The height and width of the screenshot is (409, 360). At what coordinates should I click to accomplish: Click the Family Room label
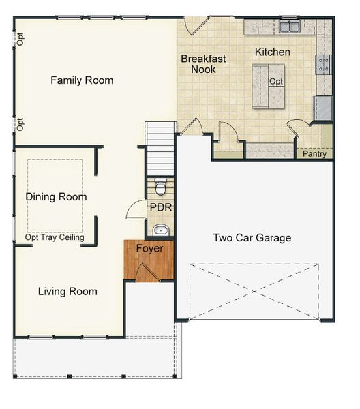(x=82, y=80)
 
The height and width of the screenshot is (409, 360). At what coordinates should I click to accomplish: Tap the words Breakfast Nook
(x=203, y=64)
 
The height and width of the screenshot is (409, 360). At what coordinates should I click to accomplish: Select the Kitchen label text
(x=273, y=52)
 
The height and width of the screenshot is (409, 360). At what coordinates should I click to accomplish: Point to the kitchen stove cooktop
(x=323, y=65)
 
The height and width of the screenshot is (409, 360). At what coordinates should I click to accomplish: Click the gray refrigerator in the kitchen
(x=322, y=108)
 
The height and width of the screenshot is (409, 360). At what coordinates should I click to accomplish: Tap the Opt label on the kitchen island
(x=276, y=82)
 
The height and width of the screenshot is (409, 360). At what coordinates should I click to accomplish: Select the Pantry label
(x=314, y=154)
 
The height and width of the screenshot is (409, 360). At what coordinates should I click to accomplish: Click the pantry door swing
(x=299, y=127)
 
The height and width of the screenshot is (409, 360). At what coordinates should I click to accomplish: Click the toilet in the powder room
(x=160, y=186)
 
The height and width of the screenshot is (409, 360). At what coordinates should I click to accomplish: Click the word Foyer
(x=149, y=249)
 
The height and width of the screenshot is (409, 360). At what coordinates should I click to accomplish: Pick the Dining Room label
(x=56, y=197)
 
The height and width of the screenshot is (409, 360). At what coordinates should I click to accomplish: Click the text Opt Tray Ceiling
(x=55, y=238)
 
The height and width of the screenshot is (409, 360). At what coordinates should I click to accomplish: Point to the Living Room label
(x=67, y=292)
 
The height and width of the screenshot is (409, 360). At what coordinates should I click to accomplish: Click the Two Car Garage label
(x=252, y=238)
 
